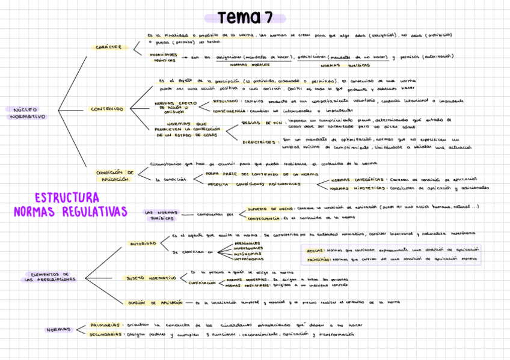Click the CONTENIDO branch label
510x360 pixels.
[107, 109]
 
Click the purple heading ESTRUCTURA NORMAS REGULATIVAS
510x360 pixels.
[70, 204]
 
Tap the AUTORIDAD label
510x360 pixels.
[143, 243]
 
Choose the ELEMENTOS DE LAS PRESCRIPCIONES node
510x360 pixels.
[51, 276]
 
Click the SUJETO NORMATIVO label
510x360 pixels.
[151, 278]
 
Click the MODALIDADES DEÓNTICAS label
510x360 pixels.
[164, 57]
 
